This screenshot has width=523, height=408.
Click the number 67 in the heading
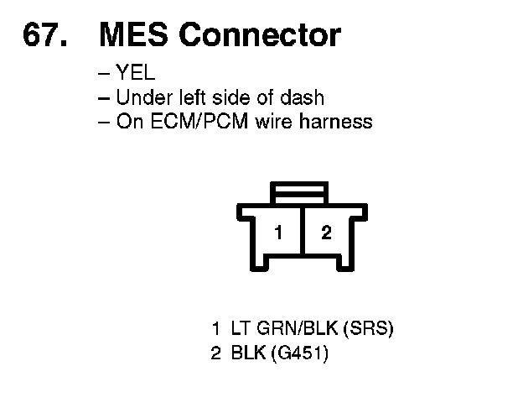coord(39,35)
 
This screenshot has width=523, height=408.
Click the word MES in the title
coord(134,35)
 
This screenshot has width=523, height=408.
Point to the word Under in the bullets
coord(138,97)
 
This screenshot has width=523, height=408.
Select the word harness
coord(339,122)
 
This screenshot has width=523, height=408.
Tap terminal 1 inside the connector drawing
coord(278,233)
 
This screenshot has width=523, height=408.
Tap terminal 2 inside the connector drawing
coord(326,233)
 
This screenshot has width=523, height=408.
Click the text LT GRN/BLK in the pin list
coord(276,327)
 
